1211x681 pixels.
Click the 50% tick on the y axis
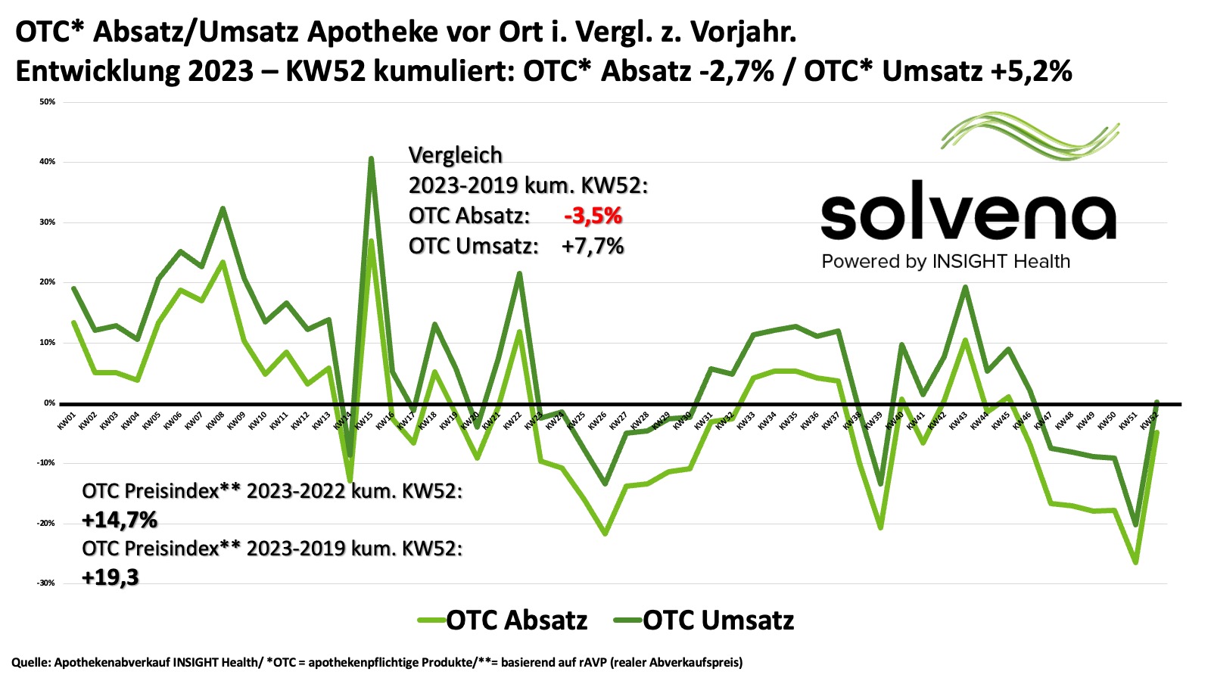coord(48,101)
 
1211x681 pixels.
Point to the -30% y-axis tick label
coord(46,583)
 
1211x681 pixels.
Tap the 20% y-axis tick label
coord(48,282)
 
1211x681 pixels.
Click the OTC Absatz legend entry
coord(503,620)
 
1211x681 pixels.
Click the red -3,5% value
coord(593,216)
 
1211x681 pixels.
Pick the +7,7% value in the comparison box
coord(593,246)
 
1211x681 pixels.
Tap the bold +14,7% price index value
coord(120,520)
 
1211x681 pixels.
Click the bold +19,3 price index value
coord(111,578)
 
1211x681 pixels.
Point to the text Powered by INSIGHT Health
coord(945,262)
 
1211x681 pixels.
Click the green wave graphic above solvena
coord(1030,136)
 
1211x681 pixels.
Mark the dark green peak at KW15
coord(371,158)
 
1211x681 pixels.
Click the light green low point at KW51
coord(1135,562)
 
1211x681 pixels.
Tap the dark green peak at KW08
coord(223,208)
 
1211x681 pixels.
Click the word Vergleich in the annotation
coord(455,155)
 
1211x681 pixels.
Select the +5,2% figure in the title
coord(1030,71)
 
